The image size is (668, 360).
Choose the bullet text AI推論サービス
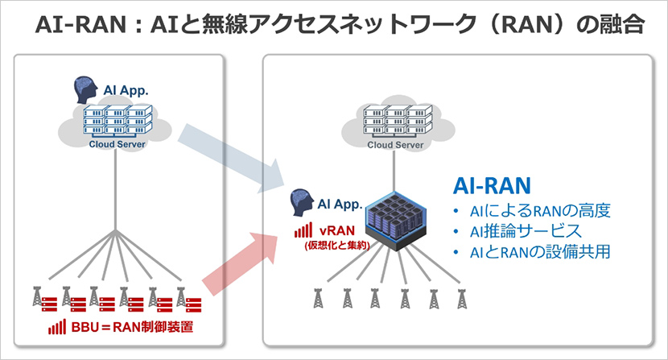pos(517,232)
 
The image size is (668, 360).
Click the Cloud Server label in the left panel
pos(118,145)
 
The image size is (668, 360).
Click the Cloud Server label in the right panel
pos(395,145)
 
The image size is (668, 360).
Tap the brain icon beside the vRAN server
pos(301,201)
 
